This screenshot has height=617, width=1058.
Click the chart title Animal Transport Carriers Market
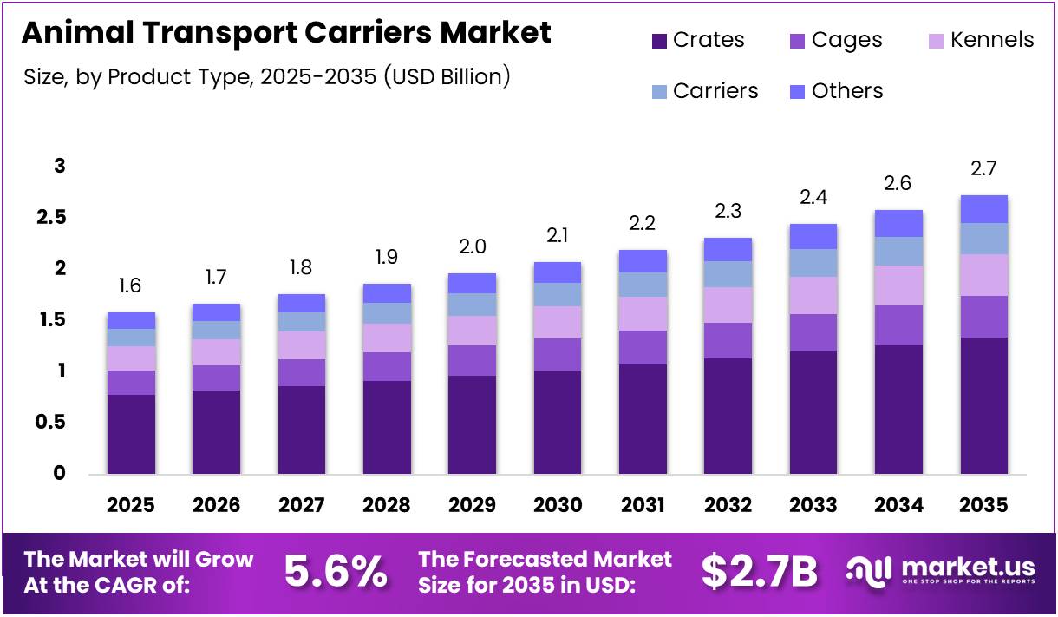286,33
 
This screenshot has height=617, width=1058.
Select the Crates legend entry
697,40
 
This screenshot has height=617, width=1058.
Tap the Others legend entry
836,91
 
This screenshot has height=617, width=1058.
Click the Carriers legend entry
704,91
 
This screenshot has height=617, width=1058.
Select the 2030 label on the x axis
558,505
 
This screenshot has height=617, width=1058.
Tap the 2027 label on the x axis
302,505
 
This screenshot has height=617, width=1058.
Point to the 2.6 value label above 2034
898,184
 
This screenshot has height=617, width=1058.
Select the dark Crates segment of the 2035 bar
983,405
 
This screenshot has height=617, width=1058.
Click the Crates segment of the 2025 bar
131,434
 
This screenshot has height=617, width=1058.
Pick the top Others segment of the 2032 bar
728,249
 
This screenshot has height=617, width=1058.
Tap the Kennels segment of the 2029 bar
473,331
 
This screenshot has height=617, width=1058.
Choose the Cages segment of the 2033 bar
813,332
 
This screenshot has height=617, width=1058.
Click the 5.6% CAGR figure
336,572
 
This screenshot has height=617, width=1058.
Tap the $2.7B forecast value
759,572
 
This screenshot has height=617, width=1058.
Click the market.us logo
940,572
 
